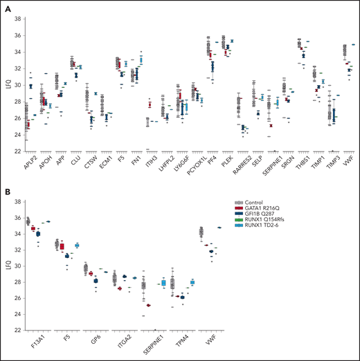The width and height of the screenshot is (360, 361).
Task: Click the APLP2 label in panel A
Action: point(24,163)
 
